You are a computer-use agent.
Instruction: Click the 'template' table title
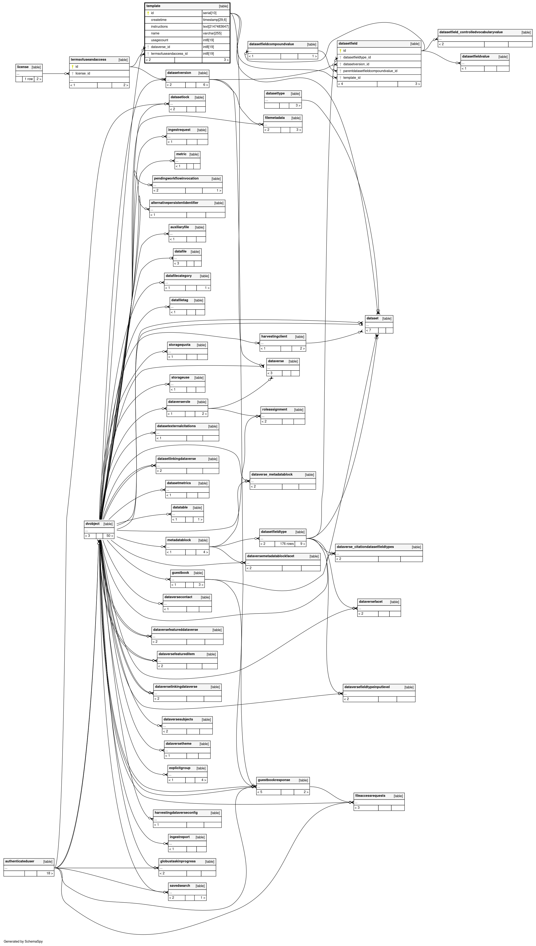pyautogui.click(x=153, y=6)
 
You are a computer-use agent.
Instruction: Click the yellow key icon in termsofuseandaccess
pyautogui.click(x=72, y=67)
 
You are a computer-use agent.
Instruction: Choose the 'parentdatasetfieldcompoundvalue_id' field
pyautogui.click(x=370, y=71)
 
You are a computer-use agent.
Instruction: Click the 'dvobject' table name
pyautogui.click(x=92, y=524)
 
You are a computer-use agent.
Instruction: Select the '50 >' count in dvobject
pyautogui.click(x=110, y=536)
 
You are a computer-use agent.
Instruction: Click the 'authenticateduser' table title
pyautogui.click(x=20, y=861)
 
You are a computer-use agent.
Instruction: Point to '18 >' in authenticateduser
pyautogui.click(x=49, y=873)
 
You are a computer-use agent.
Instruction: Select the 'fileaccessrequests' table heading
pyautogui.click(x=370, y=796)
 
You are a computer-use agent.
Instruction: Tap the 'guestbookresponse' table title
pyautogui.click(x=274, y=780)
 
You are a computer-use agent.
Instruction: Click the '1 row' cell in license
pyautogui.click(x=28, y=79)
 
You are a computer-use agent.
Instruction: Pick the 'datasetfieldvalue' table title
pyautogui.click(x=476, y=56)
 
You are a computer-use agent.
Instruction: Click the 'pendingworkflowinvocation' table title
pyautogui.click(x=176, y=178)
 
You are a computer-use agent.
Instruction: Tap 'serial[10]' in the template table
pyautogui.click(x=210, y=13)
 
